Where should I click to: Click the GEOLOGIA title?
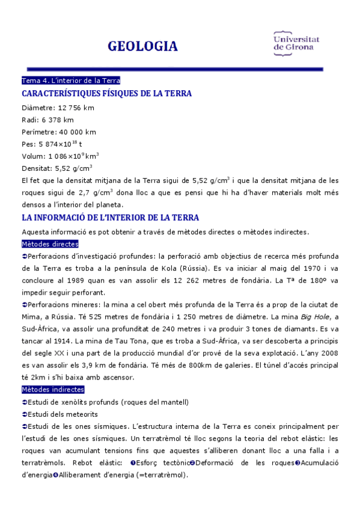click(x=142, y=46)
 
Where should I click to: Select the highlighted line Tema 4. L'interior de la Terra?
click(x=72, y=81)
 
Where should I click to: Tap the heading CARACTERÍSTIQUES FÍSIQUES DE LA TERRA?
click(x=106, y=94)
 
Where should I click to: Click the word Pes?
click(x=28, y=144)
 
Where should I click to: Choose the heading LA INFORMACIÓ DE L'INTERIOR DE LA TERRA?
click(x=110, y=217)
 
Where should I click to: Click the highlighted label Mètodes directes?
click(x=50, y=244)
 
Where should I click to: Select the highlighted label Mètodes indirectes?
click(x=52, y=390)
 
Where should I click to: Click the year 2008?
click(x=328, y=353)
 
